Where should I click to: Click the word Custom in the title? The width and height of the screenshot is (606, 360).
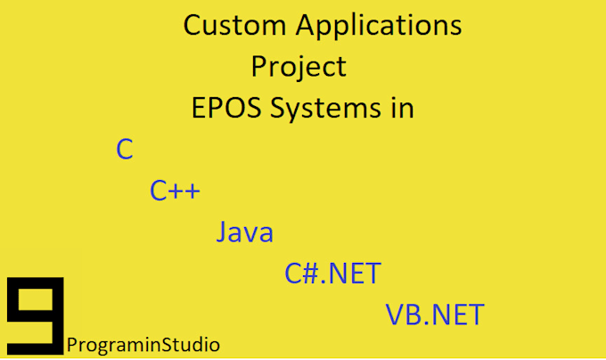[x=234, y=25]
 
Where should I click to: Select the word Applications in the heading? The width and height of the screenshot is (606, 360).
[x=379, y=27]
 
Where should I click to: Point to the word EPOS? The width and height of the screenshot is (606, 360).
[x=226, y=108]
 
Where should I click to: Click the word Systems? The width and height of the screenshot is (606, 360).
[x=325, y=110]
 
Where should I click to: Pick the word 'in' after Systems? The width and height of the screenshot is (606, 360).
[x=403, y=108]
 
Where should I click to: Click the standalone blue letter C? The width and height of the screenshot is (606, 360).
[x=125, y=149]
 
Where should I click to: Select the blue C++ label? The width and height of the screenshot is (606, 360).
[x=175, y=191]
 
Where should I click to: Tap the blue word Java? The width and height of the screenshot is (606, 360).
[x=245, y=232]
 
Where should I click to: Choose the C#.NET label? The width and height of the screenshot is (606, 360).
[x=332, y=274]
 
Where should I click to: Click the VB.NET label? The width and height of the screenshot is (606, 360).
[x=435, y=315]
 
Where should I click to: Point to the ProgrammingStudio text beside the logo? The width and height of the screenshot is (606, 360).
[x=143, y=345]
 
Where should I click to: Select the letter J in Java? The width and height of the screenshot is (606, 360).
[x=221, y=232]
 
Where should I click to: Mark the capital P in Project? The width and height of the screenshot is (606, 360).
[x=259, y=66]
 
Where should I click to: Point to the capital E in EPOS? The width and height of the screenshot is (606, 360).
[x=198, y=108]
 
